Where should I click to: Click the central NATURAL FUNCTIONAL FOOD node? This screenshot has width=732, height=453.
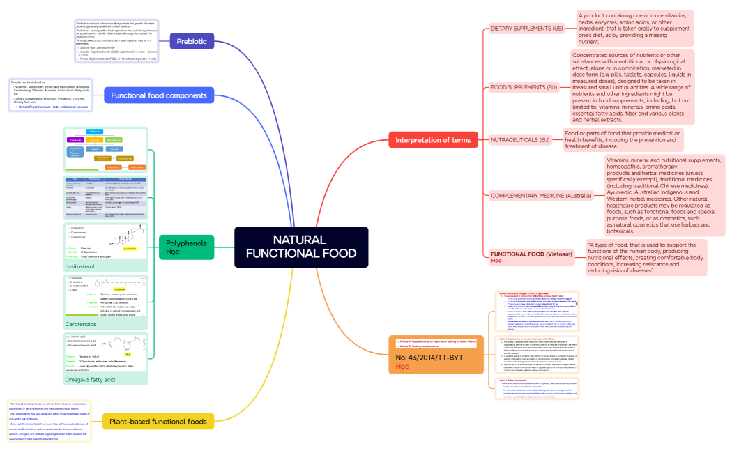300,247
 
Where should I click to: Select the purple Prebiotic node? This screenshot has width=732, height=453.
191,41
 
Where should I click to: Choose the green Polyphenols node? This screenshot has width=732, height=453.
186,247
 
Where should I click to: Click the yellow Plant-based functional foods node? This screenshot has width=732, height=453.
167,421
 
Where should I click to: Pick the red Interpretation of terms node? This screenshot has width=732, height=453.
433,140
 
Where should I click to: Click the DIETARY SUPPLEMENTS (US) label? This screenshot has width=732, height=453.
526,29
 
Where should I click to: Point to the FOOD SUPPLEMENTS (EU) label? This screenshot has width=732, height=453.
524,87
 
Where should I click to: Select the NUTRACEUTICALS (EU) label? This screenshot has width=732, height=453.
520,140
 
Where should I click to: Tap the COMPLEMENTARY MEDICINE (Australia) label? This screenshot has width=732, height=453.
540,196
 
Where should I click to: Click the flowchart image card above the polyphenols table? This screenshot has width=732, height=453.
105,149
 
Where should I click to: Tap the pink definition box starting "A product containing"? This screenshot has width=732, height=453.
634,29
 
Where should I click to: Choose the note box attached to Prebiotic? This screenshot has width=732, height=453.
116,41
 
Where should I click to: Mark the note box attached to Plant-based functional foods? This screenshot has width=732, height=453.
49,421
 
